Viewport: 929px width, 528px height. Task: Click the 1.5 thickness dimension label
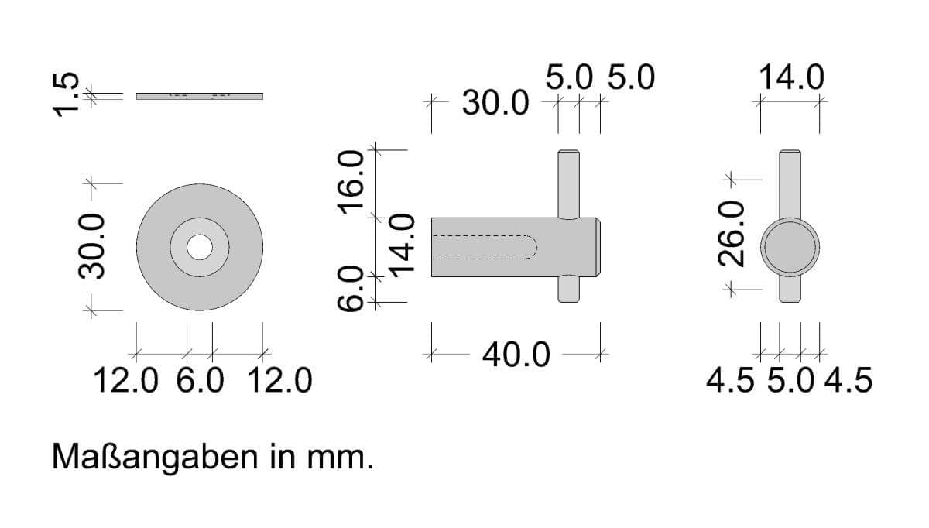(65, 94)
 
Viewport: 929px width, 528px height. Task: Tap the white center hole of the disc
(200, 247)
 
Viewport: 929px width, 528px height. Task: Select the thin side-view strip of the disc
(200, 96)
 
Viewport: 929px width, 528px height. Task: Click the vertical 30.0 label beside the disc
(91, 246)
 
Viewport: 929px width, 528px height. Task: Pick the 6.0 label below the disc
(200, 380)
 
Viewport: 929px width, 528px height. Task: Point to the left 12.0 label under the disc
(126, 380)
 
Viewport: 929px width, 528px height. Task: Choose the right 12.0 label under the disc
(279, 380)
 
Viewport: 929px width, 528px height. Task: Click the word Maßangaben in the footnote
(155, 458)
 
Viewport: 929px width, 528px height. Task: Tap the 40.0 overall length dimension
(516, 355)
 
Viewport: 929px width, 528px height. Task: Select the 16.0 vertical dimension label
(351, 183)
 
